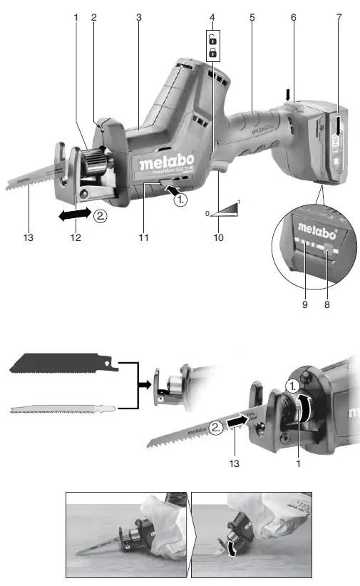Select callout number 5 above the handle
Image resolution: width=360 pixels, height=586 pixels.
coord(252,16)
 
